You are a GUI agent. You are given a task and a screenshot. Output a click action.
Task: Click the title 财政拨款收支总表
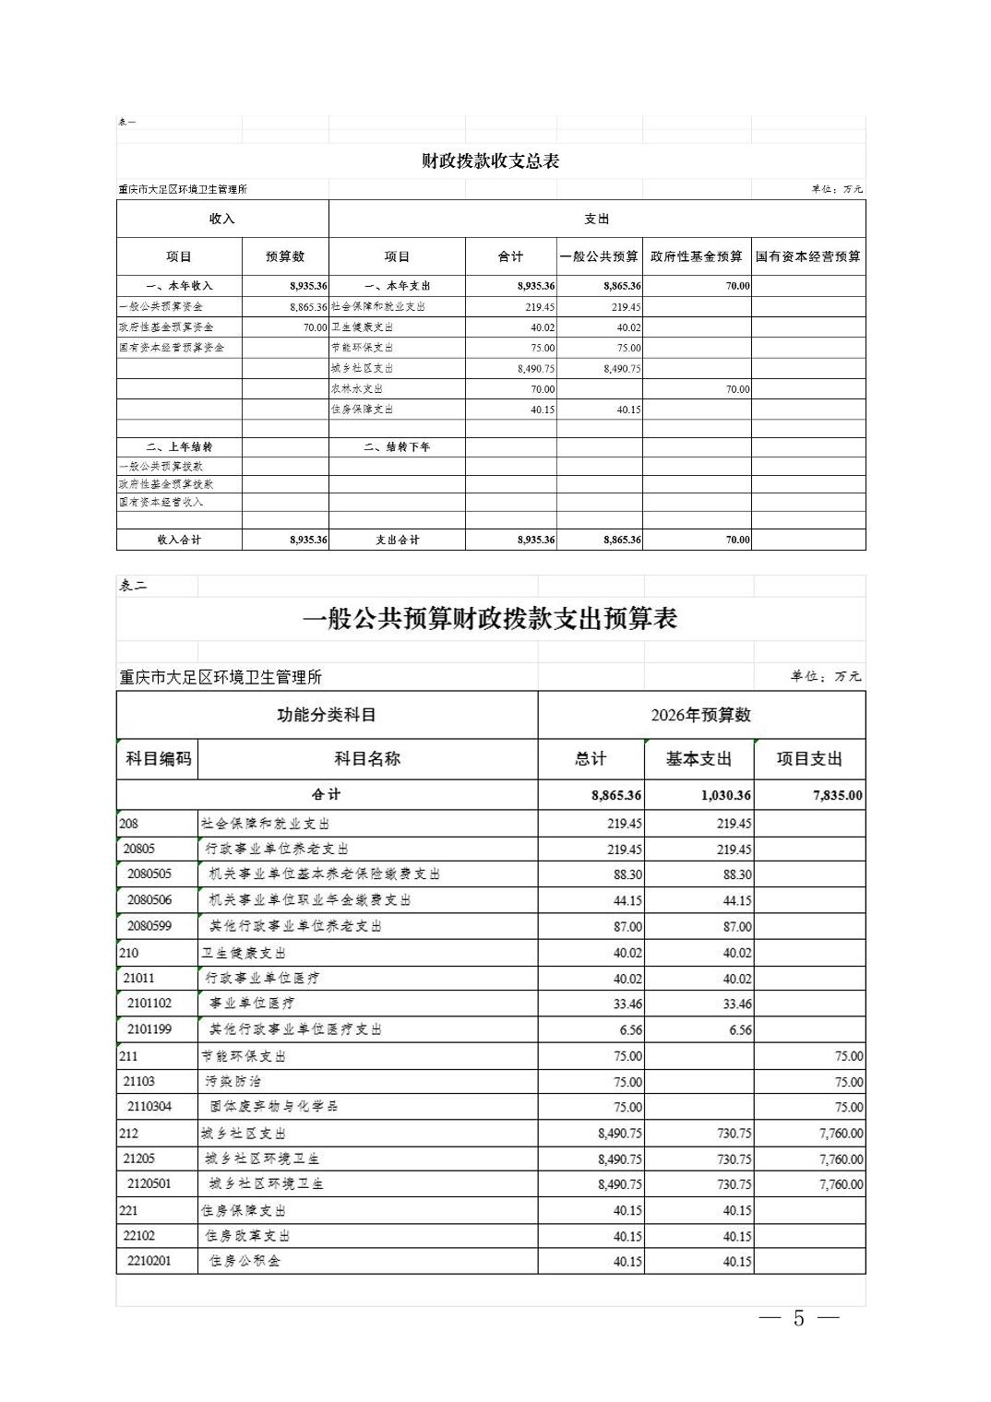(490, 161)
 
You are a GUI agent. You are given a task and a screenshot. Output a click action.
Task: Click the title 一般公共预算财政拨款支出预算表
(490, 619)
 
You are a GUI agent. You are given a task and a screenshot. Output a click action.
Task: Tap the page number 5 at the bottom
(798, 1318)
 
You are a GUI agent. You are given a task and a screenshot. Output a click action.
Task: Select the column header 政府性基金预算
(696, 256)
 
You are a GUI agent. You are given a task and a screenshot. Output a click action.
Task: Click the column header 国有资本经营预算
(807, 256)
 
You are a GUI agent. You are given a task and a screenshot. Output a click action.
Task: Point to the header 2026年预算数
(700, 715)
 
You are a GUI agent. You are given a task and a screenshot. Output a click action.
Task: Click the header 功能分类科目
(327, 715)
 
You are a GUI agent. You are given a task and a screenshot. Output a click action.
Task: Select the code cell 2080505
(149, 874)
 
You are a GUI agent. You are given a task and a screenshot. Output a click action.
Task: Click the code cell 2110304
(149, 1107)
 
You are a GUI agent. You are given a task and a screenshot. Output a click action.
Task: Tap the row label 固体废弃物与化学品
(274, 1107)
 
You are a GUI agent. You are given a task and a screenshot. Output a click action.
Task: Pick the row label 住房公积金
(245, 1261)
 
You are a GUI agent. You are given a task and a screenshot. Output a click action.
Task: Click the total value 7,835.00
(837, 795)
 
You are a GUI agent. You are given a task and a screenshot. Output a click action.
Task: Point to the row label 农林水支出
(357, 389)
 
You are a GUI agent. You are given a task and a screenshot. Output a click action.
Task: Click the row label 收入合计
(179, 540)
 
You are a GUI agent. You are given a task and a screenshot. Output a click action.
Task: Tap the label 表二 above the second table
(133, 586)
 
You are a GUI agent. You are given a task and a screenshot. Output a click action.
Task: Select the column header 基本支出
(698, 759)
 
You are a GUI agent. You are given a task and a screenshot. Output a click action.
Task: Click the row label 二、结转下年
(397, 447)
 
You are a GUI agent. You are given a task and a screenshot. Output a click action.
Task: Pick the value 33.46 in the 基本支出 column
(736, 1004)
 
